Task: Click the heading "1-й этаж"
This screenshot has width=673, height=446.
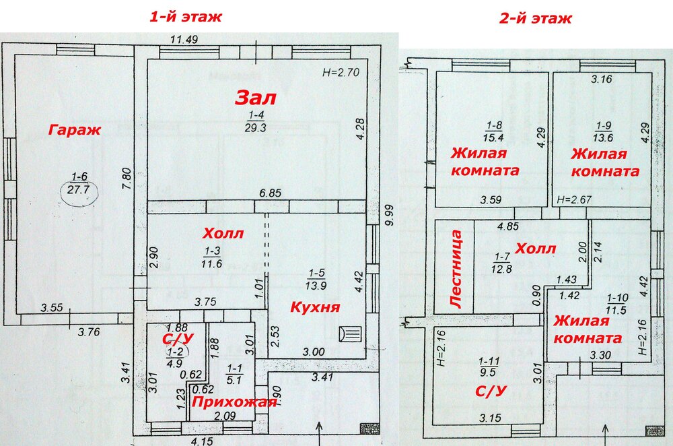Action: pyautogui.click(x=186, y=17)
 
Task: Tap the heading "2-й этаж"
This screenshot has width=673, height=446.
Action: pyautogui.click(x=535, y=18)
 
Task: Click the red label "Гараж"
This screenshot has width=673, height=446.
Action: pyautogui.click(x=75, y=130)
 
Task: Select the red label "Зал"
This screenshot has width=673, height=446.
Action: pyautogui.click(x=255, y=98)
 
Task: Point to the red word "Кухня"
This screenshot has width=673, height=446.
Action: pyautogui.click(x=315, y=307)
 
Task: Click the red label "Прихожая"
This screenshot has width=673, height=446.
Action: pyautogui.click(x=234, y=402)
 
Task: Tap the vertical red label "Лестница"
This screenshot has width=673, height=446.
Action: pyautogui.click(x=456, y=269)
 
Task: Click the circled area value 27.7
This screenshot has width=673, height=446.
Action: pyautogui.click(x=79, y=189)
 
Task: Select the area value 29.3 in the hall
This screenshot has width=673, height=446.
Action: pyautogui.click(x=255, y=127)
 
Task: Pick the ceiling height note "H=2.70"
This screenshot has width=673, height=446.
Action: pyautogui.click(x=341, y=72)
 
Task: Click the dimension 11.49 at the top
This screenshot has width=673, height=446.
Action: pyautogui.click(x=184, y=40)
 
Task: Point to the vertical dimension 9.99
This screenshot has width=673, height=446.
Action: pyautogui.click(x=388, y=215)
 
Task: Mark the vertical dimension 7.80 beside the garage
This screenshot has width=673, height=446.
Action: pyautogui.click(x=127, y=179)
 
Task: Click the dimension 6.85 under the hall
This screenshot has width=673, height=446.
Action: pyautogui.click(x=270, y=193)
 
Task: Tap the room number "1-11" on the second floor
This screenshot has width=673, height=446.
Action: pyautogui.click(x=489, y=361)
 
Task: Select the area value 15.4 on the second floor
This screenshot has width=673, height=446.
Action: pyautogui.click(x=493, y=138)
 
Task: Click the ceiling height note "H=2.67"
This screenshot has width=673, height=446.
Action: pyautogui.click(x=574, y=200)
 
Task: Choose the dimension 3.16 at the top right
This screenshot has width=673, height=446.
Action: pyautogui.click(x=601, y=79)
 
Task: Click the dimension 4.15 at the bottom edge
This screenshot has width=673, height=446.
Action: pyautogui.click(x=202, y=441)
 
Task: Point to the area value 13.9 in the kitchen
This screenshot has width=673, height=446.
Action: pyautogui.click(x=316, y=285)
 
